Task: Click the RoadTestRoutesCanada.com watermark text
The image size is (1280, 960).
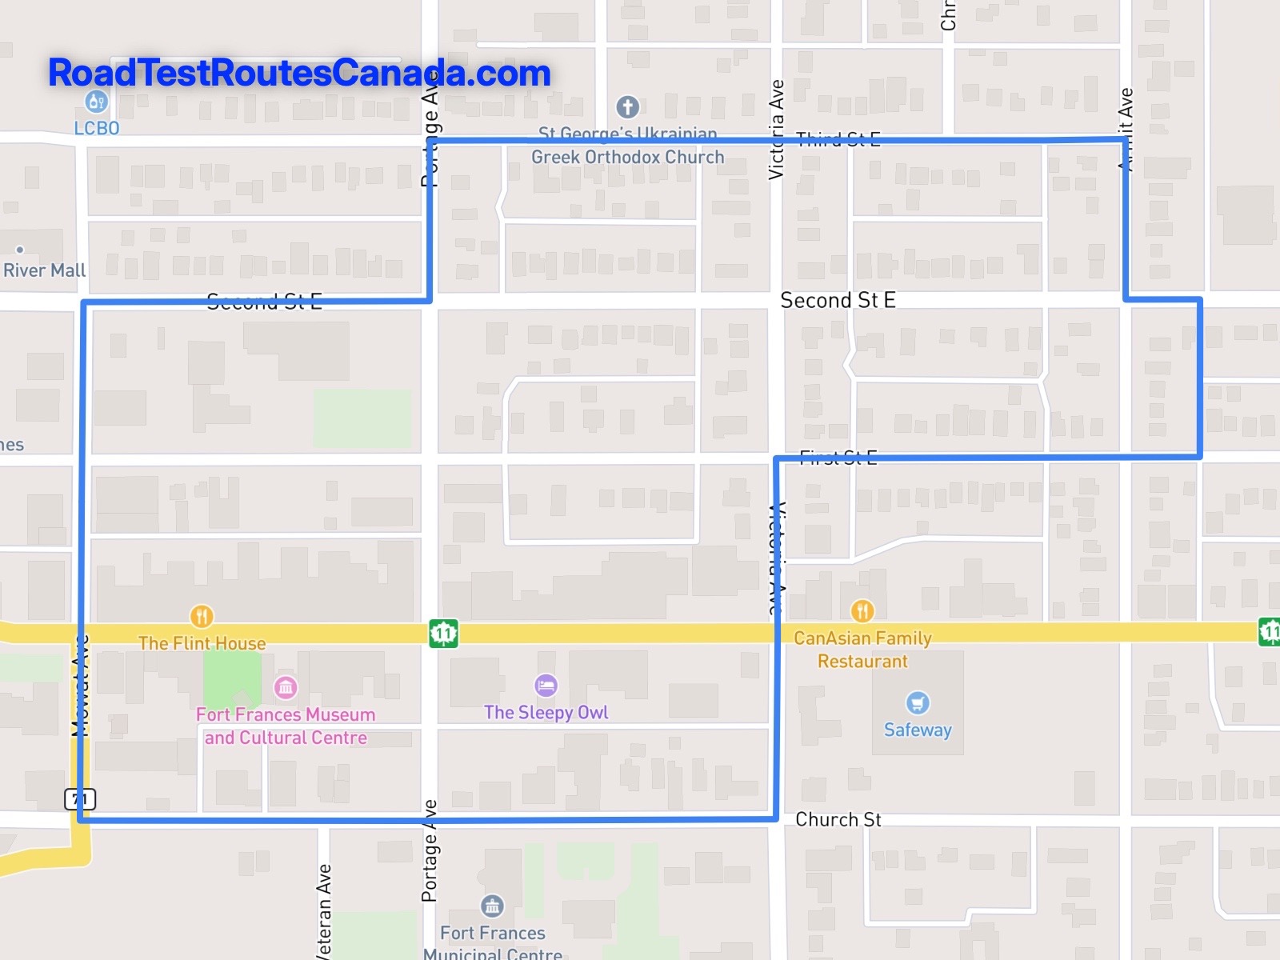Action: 299,73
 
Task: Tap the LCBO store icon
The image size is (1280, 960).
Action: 96,102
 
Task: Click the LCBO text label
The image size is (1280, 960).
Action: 97,128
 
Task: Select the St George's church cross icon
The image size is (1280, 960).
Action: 627,106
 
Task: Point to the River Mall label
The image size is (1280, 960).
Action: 44,270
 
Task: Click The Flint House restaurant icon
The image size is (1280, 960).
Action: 202,616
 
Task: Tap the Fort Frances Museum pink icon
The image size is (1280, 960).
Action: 286,686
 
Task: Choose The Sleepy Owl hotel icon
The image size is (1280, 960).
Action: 546,685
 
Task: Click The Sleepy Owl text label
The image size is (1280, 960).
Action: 546,712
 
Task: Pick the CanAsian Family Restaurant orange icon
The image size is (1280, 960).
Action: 862,611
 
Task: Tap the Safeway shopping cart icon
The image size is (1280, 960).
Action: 918,702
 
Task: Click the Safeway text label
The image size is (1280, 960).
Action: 918,730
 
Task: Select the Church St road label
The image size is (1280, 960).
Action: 838,819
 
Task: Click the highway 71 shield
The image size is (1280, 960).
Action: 80,798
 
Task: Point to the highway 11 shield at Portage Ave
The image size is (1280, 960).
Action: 443,634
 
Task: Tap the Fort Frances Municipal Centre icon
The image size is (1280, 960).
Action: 492,906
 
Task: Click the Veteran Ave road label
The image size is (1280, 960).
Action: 323,912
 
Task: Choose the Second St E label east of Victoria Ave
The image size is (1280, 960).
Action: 838,300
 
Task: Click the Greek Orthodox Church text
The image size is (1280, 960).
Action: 627,157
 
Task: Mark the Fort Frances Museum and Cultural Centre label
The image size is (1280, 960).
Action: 286,726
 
